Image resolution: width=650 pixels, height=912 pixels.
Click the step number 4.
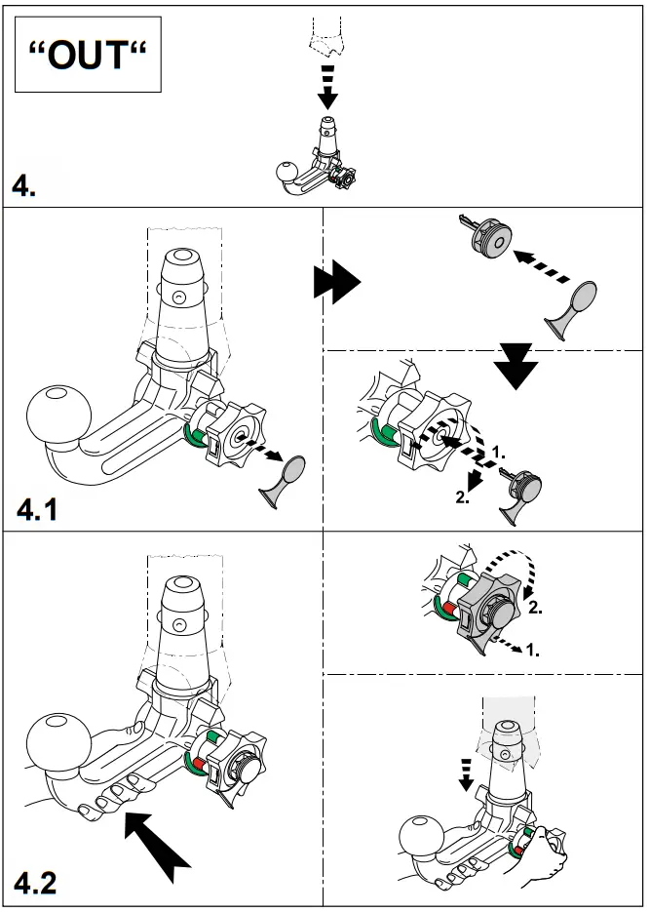point(25,185)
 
